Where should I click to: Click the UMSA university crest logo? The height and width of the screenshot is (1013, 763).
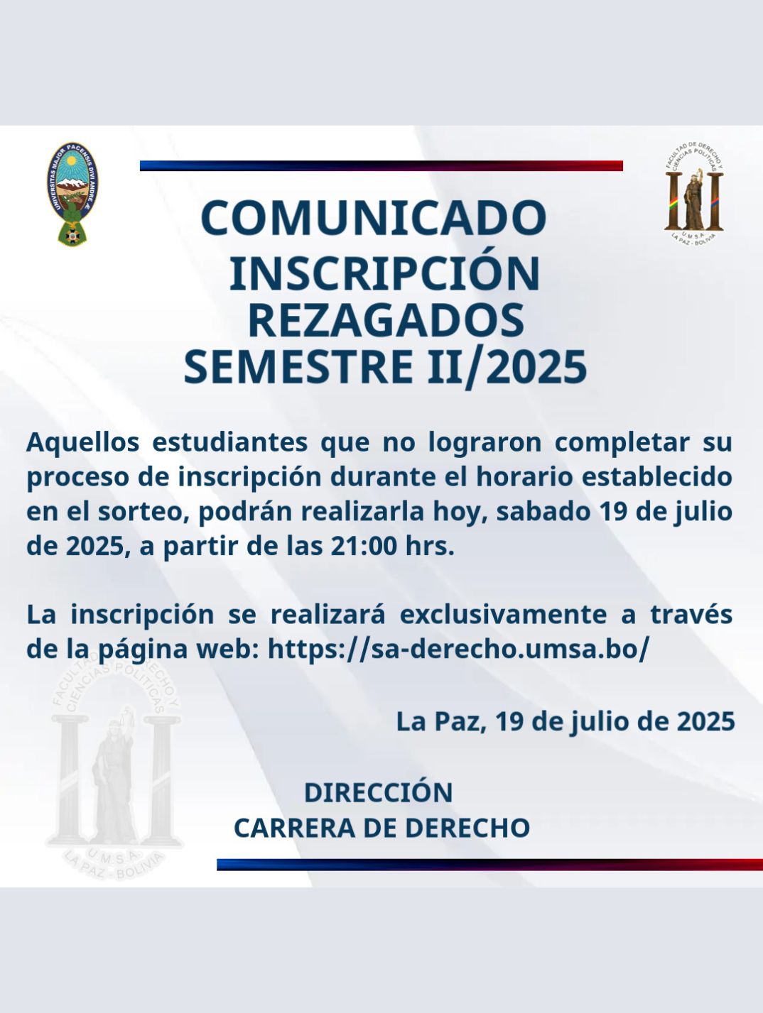click(x=72, y=193)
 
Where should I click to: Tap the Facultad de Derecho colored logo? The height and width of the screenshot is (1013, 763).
click(x=694, y=195)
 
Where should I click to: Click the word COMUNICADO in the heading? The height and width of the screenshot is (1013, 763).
click(x=374, y=217)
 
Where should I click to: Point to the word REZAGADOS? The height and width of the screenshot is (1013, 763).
click(x=386, y=320)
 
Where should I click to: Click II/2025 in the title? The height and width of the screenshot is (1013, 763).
click(x=507, y=368)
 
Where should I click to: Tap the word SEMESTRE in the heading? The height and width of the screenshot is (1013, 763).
click(x=298, y=368)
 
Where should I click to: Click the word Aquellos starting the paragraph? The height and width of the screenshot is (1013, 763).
click(x=82, y=442)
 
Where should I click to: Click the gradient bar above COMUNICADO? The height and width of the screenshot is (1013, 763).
click(x=381, y=165)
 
